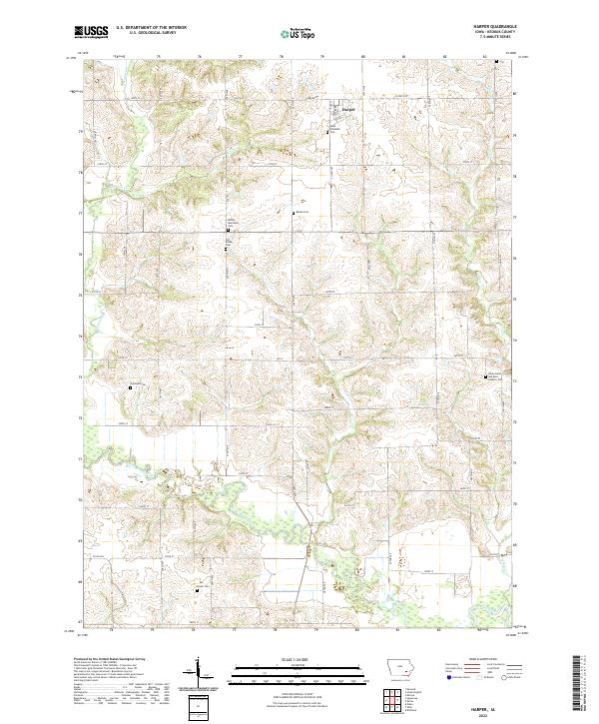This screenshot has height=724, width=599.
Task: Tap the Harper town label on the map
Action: [x=349, y=109]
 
